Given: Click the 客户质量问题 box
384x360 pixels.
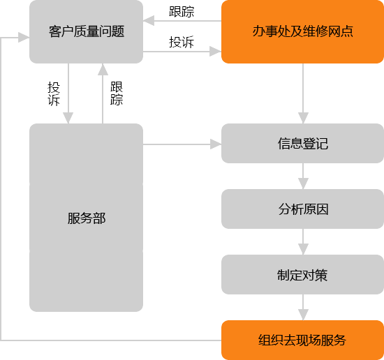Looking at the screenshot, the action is pyautogui.click(x=86, y=31).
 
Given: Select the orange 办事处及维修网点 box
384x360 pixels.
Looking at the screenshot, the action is pyautogui.click(x=303, y=31).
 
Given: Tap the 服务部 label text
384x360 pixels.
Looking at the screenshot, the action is pyautogui.click(x=87, y=218).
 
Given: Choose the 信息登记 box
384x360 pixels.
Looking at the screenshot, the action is pyautogui.click(x=303, y=144).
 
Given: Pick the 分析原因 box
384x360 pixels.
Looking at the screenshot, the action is pyautogui.click(x=303, y=209).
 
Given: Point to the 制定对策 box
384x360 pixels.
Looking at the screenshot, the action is pyautogui.click(x=303, y=275).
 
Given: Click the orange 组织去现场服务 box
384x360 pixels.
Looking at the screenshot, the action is pyautogui.click(x=303, y=340).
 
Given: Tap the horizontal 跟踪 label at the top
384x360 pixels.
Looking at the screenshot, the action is pyautogui.click(x=182, y=11).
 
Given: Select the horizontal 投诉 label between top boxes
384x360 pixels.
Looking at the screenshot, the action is pyautogui.click(x=182, y=42).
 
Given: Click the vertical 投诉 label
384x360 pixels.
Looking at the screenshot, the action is pyautogui.click(x=54, y=94).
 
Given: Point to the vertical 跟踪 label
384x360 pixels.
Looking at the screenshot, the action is pyautogui.click(x=117, y=93).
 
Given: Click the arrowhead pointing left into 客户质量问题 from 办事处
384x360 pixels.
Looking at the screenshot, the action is pyautogui.click(x=149, y=20).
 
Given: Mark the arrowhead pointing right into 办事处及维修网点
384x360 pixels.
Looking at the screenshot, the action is pyautogui.click(x=216, y=52).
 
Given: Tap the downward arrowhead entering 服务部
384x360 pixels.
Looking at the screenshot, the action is pyautogui.click(x=68, y=118).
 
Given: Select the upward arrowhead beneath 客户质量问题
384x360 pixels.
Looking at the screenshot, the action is pyautogui.click(x=103, y=69).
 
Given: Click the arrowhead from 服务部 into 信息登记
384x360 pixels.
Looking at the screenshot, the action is pyautogui.click(x=216, y=144).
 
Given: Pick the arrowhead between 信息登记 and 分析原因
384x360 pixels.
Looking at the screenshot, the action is pyautogui.click(x=303, y=183).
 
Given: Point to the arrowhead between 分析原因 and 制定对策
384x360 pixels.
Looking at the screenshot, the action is pyautogui.click(x=303, y=249).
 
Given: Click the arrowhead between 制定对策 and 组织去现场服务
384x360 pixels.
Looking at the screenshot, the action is pyautogui.click(x=303, y=315).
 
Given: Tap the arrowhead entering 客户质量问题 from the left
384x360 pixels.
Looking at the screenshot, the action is pyautogui.click(x=24, y=38).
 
